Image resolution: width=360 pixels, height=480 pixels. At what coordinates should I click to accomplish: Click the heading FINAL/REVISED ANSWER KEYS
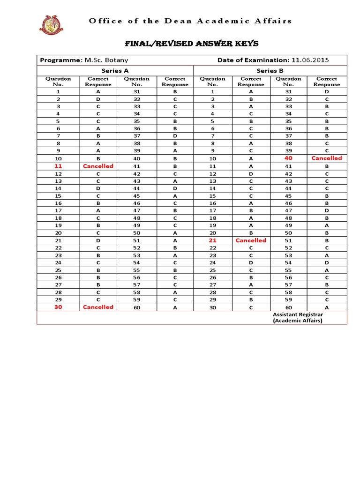click(191, 44)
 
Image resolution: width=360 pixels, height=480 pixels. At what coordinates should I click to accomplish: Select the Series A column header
click(115, 70)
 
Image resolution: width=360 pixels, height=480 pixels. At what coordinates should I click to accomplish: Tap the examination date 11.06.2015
click(310, 60)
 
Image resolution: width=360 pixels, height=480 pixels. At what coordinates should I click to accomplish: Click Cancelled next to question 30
click(98, 307)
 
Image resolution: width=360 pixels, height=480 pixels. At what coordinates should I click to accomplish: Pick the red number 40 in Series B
click(288, 158)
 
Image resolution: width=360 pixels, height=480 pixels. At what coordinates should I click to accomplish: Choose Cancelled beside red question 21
click(251, 240)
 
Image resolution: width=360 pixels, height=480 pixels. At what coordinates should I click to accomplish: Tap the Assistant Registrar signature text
click(298, 318)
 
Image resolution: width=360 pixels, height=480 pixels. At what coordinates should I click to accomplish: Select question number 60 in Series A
click(136, 307)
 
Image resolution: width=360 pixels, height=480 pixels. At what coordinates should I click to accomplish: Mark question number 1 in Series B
click(212, 92)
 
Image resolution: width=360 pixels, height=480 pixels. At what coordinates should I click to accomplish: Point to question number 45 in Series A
click(136, 196)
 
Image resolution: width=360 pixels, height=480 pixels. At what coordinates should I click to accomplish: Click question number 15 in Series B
click(212, 196)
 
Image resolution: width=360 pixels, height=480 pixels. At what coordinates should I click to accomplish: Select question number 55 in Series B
click(288, 270)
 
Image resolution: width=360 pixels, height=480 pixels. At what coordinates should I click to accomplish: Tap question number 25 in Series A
click(59, 270)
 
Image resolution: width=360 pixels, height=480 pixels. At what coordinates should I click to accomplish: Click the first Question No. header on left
click(59, 82)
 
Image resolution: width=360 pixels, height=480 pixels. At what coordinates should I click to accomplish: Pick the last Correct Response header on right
click(327, 82)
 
